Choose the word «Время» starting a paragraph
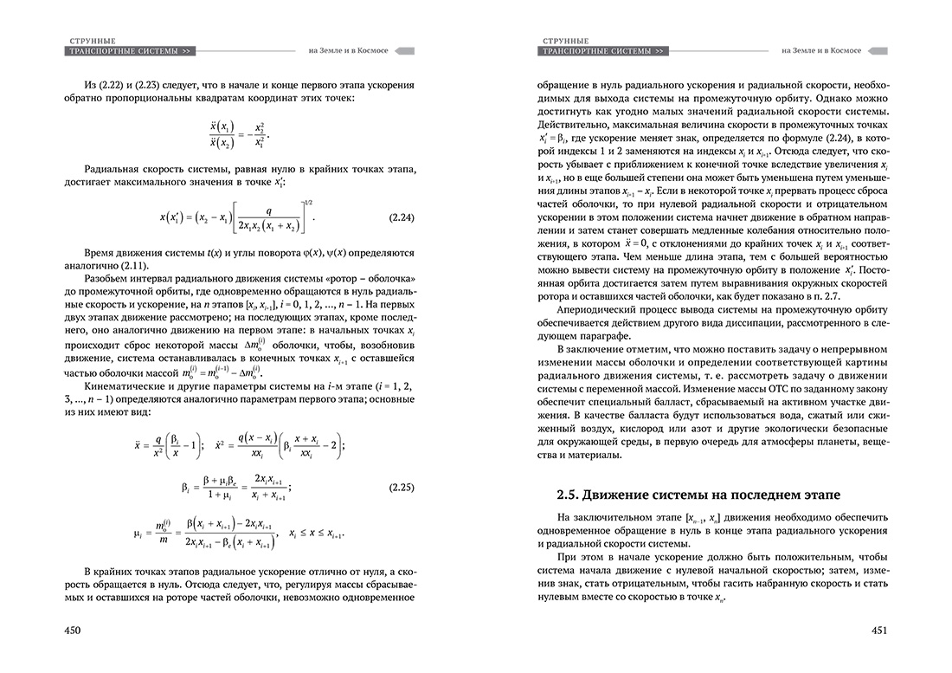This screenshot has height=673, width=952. click(x=100, y=249)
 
